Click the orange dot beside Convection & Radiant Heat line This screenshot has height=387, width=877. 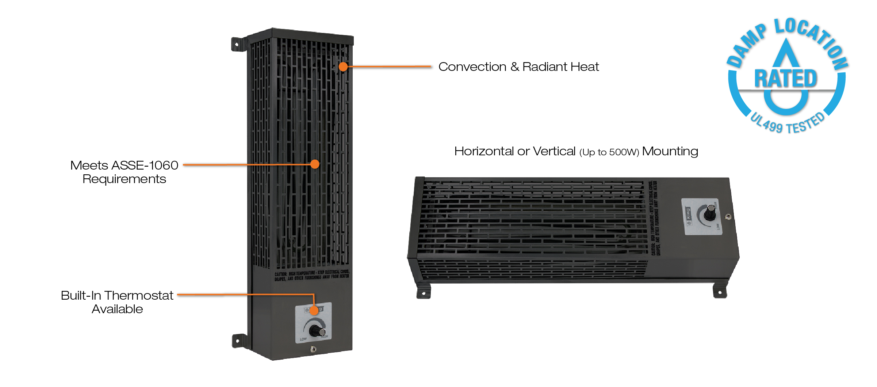[x=343, y=67]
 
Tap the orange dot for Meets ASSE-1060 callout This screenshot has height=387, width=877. [x=315, y=164]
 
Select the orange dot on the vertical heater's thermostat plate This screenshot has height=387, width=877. [x=314, y=311]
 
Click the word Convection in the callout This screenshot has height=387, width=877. [x=472, y=67]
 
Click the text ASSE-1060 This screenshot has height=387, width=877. [x=145, y=166]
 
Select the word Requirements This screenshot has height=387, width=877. [x=124, y=179]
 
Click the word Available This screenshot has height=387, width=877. [x=117, y=309]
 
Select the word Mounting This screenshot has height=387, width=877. [x=670, y=151]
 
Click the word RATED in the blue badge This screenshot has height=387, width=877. [x=786, y=79]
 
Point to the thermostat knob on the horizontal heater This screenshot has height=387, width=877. [x=710, y=213]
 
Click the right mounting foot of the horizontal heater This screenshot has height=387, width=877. [x=720, y=292]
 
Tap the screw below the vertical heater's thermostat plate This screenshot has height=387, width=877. [x=313, y=349]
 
